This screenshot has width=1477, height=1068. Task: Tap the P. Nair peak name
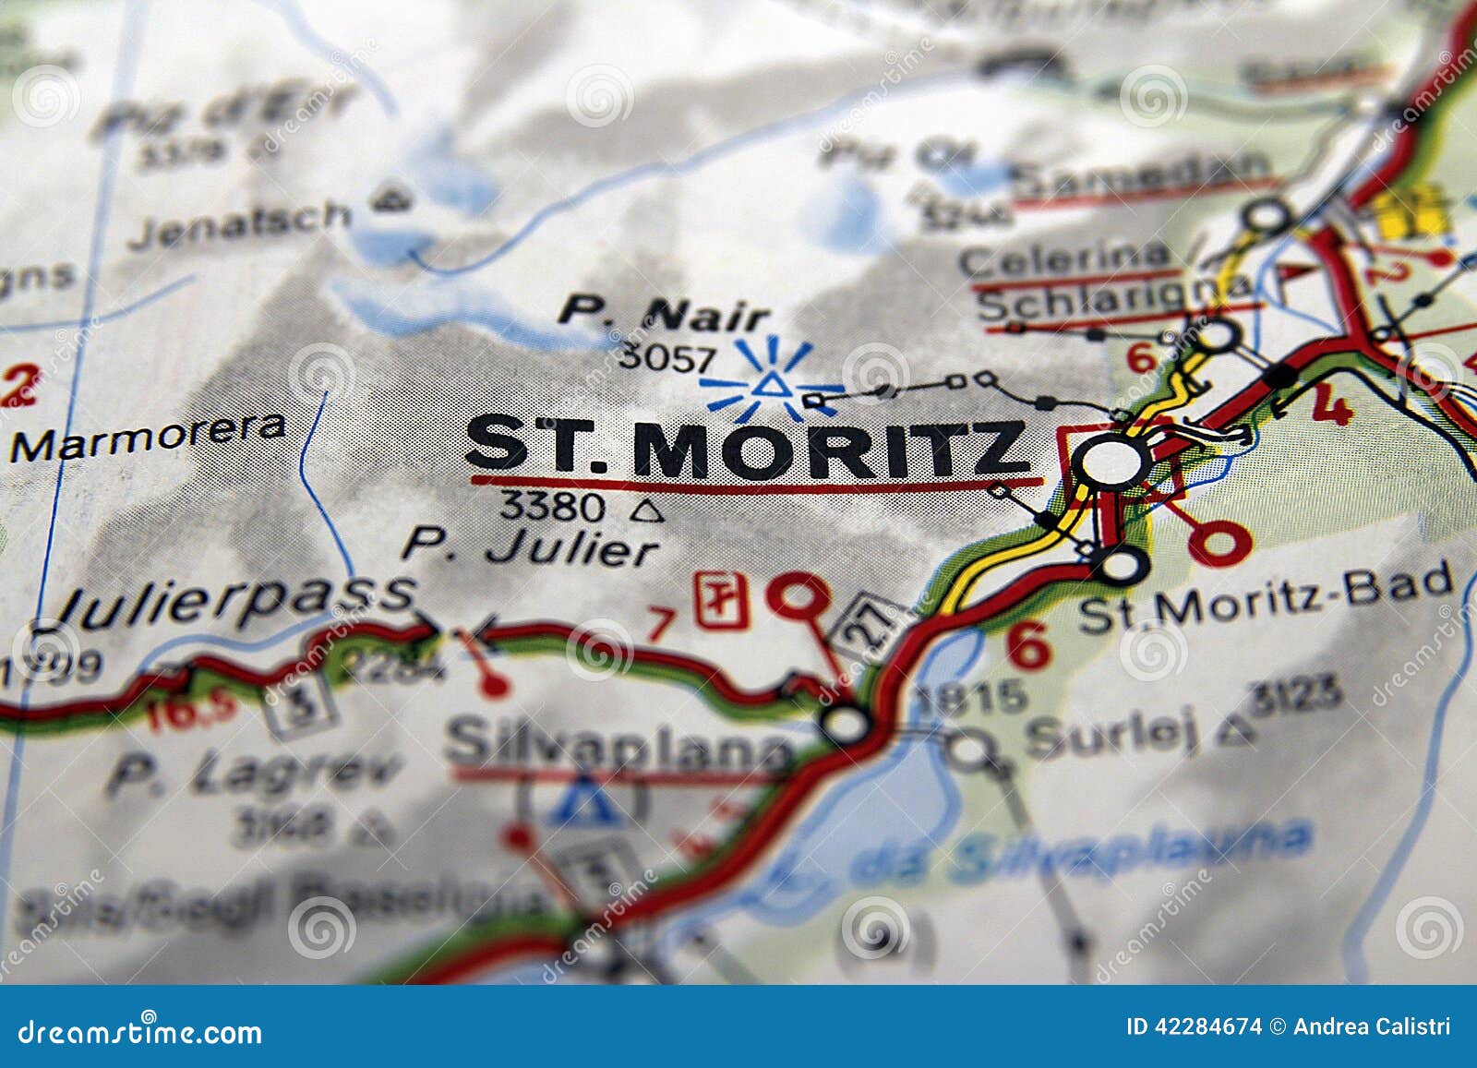(x=663, y=315)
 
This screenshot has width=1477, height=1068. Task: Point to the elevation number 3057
(x=666, y=357)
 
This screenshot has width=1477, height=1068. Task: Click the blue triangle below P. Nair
(x=770, y=384)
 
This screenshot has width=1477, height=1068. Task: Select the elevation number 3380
(x=551, y=506)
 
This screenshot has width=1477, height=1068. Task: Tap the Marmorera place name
(x=148, y=438)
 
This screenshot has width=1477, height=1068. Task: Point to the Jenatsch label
(x=240, y=222)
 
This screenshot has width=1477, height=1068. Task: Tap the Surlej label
(x=1112, y=737)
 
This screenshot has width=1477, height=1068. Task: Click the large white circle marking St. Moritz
(x=1111, y=461)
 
